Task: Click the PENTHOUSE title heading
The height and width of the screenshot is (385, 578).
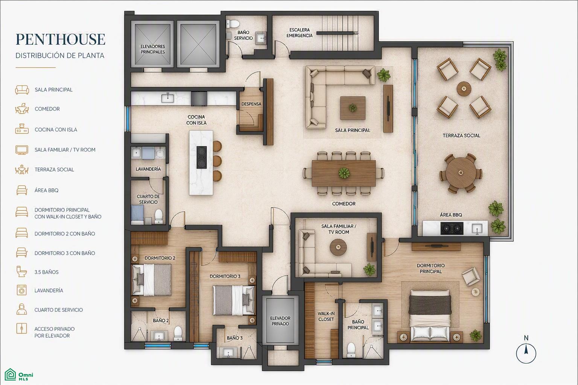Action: pyautogui.click(x=60, y=39)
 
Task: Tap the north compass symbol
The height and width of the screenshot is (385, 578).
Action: pyautogui.click(x=526, y=351)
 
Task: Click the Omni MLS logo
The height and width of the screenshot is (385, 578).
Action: pyautogui.click(x=19, y=374)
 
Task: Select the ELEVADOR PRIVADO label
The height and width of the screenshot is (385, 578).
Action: pyautogui.click(x=280, y=321)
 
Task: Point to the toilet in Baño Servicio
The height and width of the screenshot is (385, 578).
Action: pyautogui.click(x=233, y=23)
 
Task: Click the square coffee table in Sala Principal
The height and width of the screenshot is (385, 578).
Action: pyautogui.click(x=353, y=108)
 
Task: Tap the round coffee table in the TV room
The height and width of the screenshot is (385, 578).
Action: pyautogui.click(x=338, y=247)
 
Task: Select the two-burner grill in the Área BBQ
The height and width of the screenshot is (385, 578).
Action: pyautogui.click(x=452, y=228)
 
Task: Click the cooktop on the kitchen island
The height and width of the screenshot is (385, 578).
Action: pyautogui.click(x=202, y=157)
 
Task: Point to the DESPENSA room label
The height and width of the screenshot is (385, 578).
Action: pyautogui.click(x=251, y=104)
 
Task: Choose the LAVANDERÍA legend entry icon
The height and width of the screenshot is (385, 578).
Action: pyautogui.click(x=22, y=290)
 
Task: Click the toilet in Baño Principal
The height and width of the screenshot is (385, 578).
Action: pyautogui.click(x=351, y=350)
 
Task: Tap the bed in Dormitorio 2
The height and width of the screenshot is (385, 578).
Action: pyautogui.click(x=152, y=279)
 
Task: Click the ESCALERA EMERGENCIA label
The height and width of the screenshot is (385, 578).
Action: pyautogui.click(x=299, y=33)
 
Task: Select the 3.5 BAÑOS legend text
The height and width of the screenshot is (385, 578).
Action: pyautogui.click(x=46, y=272)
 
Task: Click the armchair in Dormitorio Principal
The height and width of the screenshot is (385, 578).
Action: pyautogui.click(x=471, y=276)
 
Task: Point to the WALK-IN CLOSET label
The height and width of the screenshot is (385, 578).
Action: pyautogui.click(x=326, y=317)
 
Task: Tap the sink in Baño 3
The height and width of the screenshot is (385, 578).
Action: pyautogui.click(x=228, y=352)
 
